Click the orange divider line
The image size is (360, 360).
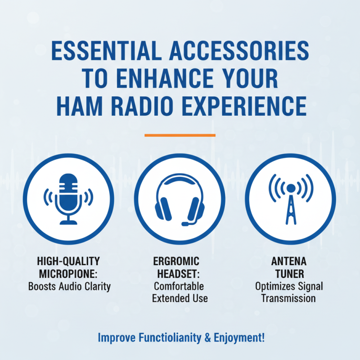pos(180,135)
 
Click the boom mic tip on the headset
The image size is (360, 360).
pos(185,224)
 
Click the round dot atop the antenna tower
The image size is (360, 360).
pos(291,188)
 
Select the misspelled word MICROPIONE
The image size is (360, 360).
pos(69,274)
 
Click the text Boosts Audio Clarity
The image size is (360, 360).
pos(69,286)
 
